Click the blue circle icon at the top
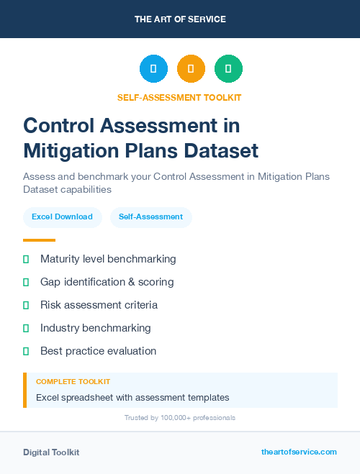153,68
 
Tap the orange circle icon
191,68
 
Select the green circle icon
228,68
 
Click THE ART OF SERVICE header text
180,19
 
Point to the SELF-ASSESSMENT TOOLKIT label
179,98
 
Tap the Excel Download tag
62,217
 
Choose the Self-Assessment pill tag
150,217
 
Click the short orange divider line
39,240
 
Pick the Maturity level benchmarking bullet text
108,259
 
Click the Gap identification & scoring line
107,282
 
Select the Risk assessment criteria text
99,305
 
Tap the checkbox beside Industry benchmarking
26,328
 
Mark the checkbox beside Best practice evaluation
26,351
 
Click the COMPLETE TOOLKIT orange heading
73,381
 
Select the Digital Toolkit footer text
51,452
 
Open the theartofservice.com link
299,452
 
